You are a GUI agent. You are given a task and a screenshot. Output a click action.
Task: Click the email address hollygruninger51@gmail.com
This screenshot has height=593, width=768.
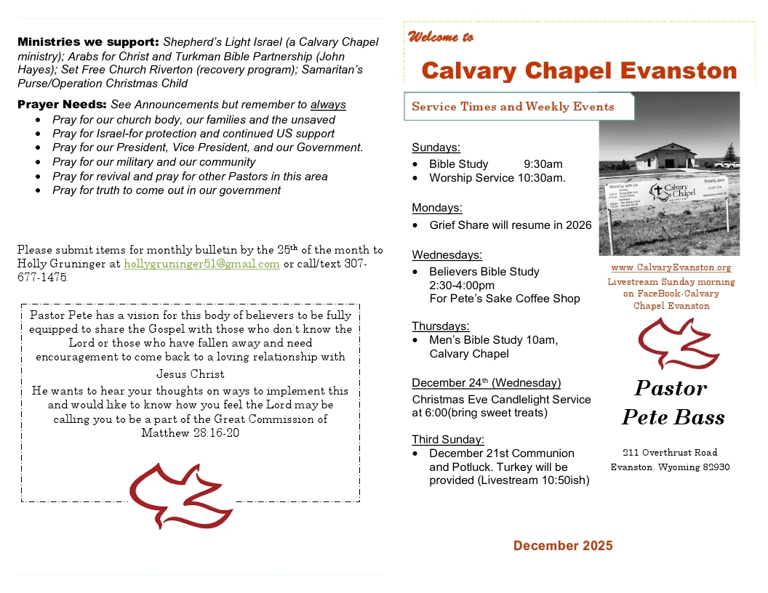click(x=201, y=264)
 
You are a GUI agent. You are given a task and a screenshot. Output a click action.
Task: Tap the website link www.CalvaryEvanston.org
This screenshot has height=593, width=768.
click(x=671, y=268)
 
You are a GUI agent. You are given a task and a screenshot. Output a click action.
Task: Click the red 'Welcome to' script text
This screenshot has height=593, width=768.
click(x=441, y=37)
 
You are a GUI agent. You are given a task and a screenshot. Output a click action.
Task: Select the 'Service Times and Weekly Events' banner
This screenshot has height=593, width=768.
click(x=513, y=107)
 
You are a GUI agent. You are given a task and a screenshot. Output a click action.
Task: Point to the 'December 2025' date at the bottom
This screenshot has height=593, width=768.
click(x=563, y=546)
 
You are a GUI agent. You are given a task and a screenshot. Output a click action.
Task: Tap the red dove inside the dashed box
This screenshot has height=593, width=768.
click(x=180, y=495)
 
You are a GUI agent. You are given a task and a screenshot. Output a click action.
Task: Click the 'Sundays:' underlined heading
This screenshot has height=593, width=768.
click(x=436, y=148)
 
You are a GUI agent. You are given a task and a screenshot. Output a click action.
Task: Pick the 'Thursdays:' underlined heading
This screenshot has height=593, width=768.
click(x=440, y=326)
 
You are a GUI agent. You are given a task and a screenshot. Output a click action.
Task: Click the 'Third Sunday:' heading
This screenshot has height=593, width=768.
click(x=447, y=440)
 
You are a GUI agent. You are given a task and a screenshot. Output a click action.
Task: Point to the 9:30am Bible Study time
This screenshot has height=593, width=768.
click(x=543, y=164)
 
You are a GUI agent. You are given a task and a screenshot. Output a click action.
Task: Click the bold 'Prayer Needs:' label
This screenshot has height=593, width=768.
click(x=62, y=105)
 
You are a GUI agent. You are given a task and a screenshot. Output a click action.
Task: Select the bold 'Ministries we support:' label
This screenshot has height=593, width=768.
click(x=88, y=42)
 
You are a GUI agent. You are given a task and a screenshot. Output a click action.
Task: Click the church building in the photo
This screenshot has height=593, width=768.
click(x=664, y=156)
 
